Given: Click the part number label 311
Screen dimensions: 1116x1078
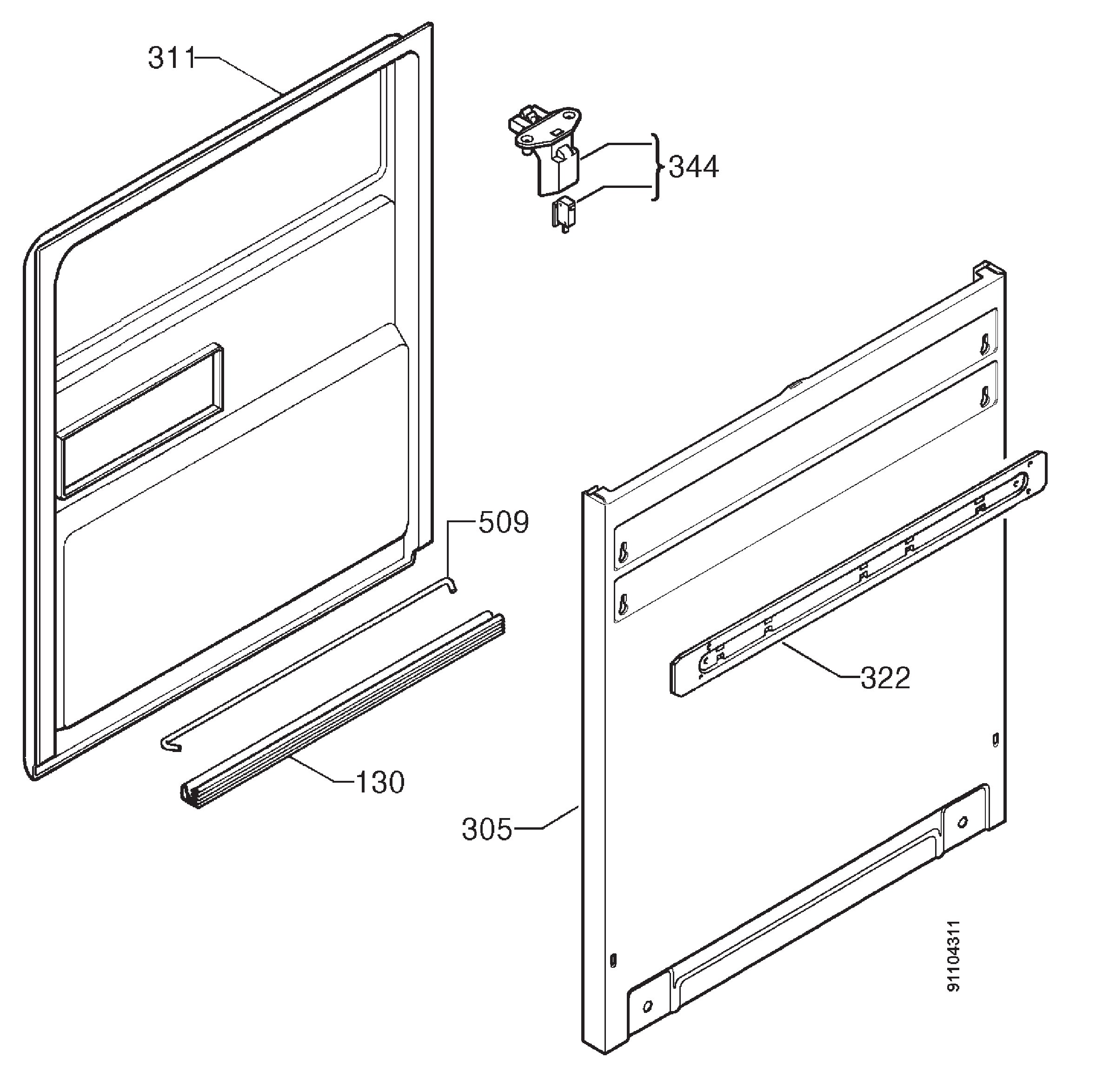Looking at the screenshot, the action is pyautogui.click(x=172, y=58).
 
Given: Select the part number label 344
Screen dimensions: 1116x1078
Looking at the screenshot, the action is pyautogui.click(x=693, y=167).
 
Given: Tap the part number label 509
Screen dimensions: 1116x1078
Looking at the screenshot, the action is pyautogui.click(x=503, y=522).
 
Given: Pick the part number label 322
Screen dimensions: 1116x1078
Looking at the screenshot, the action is pyautogui.click(x=885, y=678).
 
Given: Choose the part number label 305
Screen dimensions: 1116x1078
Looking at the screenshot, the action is pyautogui.click(x=487, y=830).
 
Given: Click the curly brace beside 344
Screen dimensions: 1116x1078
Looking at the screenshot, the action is pyautogui.click(x=657, y=167).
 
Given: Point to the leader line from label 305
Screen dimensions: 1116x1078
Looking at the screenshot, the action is pyautogui.click(x=547, y=817).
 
